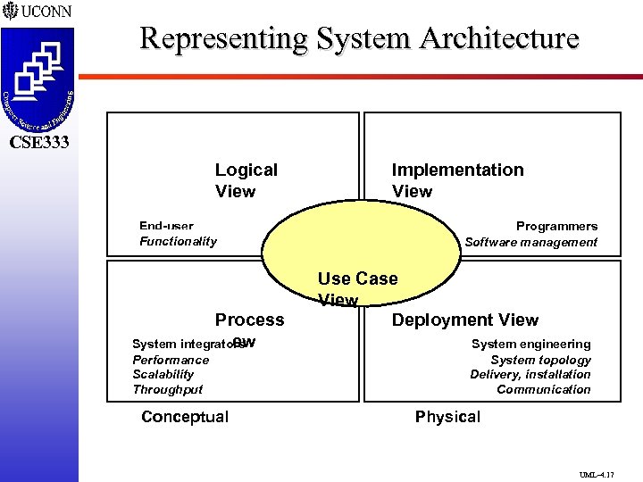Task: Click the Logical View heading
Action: click(x=246, y=180)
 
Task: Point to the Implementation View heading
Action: click(x=457, y=180)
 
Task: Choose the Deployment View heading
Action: click(x=465, y=320)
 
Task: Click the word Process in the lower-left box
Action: click(x=249, y=320)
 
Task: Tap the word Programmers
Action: click(x=556, y=227)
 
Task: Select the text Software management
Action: click(x=530, y=242)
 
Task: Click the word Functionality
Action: click(x=178, y=241)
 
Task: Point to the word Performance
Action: click(x=171, y=360)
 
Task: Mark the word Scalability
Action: click(x=163, y=375)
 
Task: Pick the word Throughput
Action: click(x=167, y=389)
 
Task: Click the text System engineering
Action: click(x=530, y=344)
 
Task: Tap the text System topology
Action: click(x=540, y=360)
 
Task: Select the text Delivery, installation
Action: click(x=530, y=374)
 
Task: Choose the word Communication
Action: click(x=543, y=389)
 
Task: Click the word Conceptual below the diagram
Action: click(x=185, y=416)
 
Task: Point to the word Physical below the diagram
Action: click(x=447, y=416)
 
